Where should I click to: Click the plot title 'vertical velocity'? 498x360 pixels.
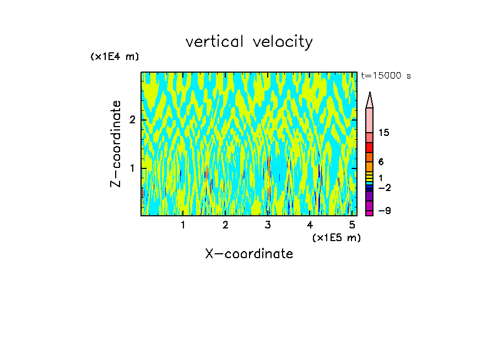point(249,42)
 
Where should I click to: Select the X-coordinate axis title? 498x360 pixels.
point(249,254)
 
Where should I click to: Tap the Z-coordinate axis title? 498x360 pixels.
point(116,144)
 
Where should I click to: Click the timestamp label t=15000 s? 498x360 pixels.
point(386,76)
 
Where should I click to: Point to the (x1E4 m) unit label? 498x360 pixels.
point(115,57)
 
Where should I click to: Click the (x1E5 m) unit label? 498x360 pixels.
point(336,237)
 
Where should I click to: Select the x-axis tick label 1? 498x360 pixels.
point(183,225)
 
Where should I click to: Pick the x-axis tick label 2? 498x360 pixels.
point(225,225)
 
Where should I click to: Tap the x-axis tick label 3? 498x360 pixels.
point(268,225)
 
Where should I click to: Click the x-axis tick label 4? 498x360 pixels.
point(310,225)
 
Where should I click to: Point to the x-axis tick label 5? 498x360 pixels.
point(352,225)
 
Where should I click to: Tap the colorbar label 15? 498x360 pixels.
point(384,133)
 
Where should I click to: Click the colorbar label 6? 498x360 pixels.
point(381,162)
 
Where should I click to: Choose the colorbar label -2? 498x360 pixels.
point(384,188)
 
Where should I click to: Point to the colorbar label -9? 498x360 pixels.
point(384,211)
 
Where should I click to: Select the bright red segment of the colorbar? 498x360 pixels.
point(370,148)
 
